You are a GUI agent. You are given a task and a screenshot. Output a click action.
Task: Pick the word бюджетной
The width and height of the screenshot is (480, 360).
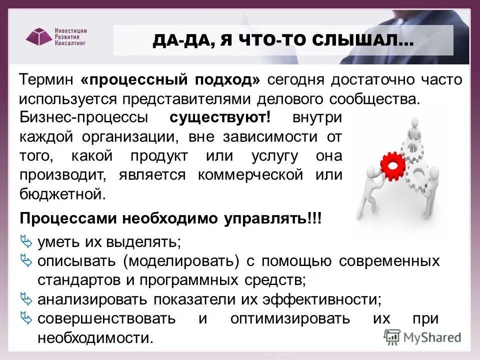click(x=63, y=194)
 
